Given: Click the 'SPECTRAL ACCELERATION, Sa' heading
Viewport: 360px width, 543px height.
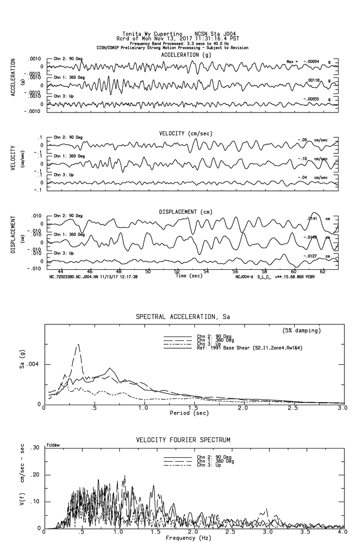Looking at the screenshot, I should pos(183,317).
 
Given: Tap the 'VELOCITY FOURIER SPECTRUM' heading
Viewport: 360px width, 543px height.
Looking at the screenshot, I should pos(183,440).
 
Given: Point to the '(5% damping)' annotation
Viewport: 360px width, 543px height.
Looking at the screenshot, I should pos(302,331).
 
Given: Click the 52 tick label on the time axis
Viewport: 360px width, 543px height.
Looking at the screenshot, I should pos(177,271).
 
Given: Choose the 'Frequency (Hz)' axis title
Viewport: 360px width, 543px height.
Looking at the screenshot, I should pos(189,538).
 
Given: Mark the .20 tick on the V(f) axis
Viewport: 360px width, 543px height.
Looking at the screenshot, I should pos(36,475).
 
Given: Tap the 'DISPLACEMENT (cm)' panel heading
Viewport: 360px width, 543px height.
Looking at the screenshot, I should pos(186,212).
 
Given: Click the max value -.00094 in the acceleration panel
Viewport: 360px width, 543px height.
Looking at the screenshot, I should pos(312,62).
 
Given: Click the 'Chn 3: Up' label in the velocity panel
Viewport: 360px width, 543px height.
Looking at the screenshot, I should pos(64,175).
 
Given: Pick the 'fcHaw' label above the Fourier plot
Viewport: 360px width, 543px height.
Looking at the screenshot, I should pos(53,445).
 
